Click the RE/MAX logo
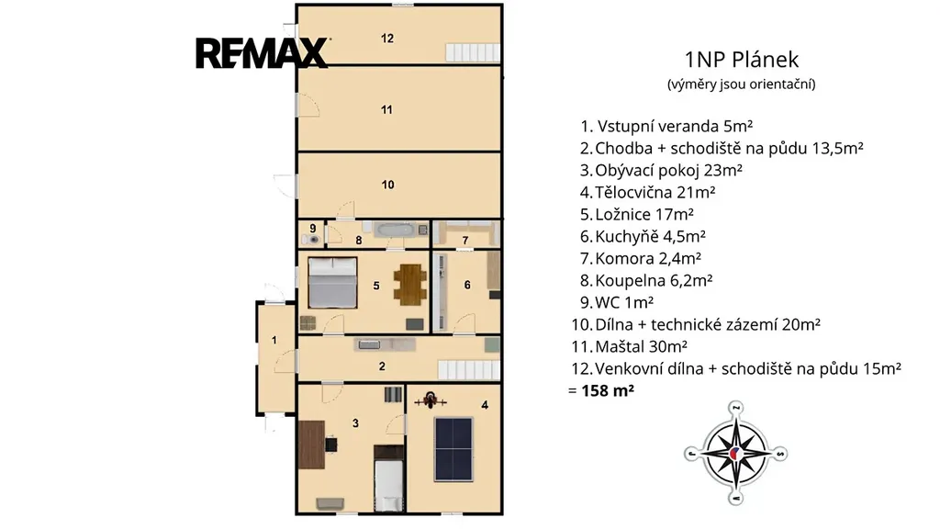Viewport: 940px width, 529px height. (x=262, y=52)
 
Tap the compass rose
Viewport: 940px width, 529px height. (x=735, y=453)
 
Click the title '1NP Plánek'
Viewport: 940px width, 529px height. (x=742, y=60)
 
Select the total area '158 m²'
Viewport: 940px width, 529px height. (x=608, y=390)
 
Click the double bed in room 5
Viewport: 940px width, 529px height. (x=332, y=283)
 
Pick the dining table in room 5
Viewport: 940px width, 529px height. (x=410, y=285)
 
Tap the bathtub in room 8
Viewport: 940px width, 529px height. (x=394, y=229)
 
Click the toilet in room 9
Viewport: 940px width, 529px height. (x=311, y=240)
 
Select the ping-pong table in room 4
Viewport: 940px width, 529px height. (x=453, y=449)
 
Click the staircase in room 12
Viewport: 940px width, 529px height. (x=473, y=52)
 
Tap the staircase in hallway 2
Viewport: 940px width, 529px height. (x=469, y=369)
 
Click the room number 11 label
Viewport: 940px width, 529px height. (x=386, y=110)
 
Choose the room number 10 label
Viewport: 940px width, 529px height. (x=388, y=185)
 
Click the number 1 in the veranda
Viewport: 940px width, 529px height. (x=274, y=340)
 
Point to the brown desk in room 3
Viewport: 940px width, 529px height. (x=312, y=445)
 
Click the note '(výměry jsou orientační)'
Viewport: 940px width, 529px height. (x=742, y=84)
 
